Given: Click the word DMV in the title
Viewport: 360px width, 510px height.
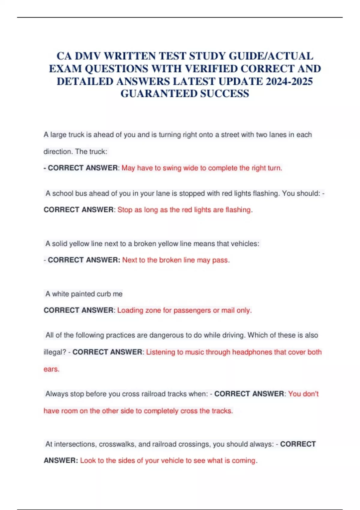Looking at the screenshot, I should pos(88,56).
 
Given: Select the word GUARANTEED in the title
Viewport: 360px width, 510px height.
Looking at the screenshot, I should pos(159,94).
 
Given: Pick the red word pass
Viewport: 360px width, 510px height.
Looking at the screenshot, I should pos(220,260).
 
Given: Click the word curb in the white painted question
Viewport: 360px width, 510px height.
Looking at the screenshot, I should pos(103,294).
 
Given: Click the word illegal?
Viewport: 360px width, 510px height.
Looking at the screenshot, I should pos(55,352).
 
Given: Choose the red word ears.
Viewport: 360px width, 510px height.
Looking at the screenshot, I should pos(51,369).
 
